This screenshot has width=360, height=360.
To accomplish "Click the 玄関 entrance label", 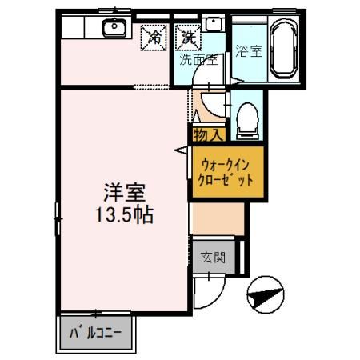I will coord(212,258).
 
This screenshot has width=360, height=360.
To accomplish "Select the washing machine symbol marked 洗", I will coord(187,35).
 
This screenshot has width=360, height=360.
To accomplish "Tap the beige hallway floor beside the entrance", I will coord(217,216).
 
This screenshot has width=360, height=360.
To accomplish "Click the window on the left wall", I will coord(58,216).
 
